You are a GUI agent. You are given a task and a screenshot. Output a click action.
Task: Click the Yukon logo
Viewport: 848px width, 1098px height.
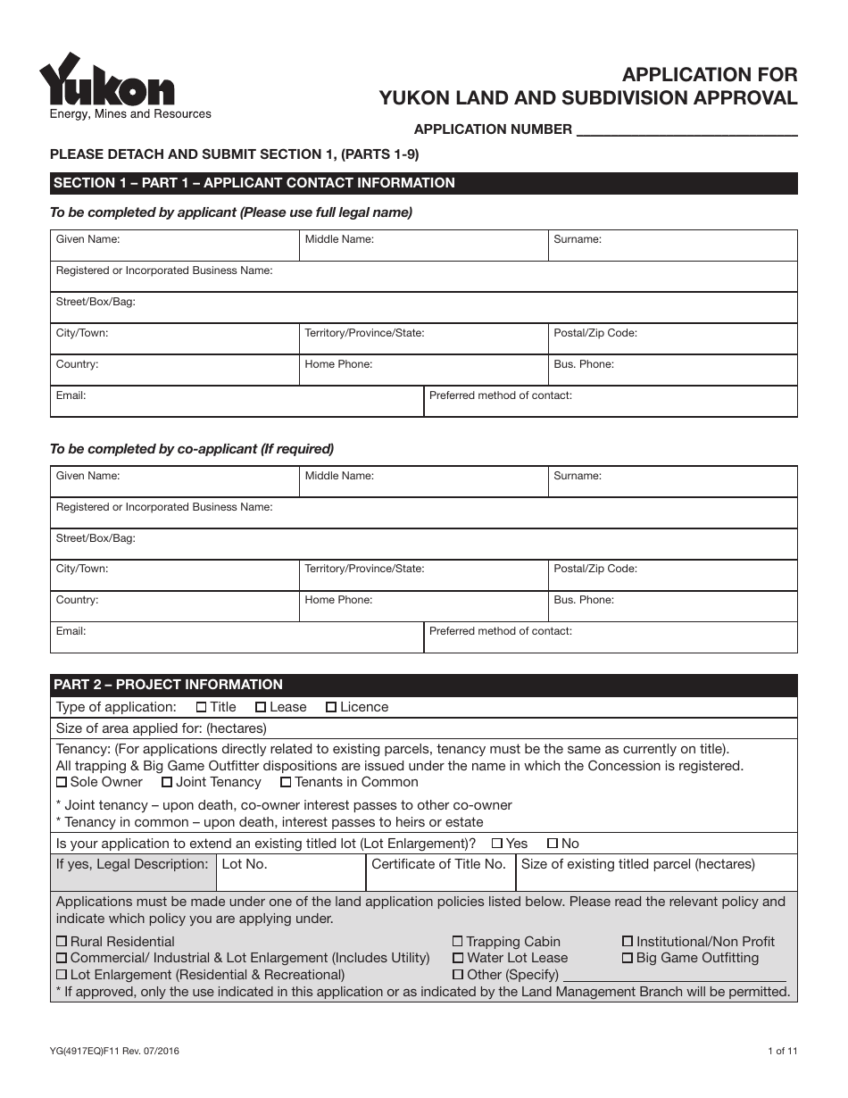(107, 81)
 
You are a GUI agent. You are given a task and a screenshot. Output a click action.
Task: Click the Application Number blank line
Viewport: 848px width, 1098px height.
(687, 129)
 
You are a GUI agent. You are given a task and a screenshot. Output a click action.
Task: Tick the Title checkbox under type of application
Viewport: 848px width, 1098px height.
(201, 708)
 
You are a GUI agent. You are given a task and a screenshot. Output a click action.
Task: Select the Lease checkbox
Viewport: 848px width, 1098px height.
(261, 708)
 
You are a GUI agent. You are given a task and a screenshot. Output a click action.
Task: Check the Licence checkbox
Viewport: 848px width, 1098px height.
(331, 708)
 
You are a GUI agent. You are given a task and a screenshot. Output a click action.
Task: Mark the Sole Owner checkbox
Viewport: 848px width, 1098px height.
(62, 783)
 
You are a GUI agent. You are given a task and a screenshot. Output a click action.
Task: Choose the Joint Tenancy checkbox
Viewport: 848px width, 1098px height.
(167, 783)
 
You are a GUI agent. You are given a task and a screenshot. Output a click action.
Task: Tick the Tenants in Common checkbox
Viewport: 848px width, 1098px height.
(286, 783)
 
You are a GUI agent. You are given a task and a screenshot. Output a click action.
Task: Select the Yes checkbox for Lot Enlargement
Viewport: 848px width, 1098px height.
(497, 844)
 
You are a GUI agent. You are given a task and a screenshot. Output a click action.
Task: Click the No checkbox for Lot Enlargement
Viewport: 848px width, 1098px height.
(553, 844)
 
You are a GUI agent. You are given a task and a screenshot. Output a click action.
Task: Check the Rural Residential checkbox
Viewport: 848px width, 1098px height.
(62, 942)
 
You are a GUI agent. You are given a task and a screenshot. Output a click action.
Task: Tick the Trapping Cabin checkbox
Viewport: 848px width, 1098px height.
(458, 942)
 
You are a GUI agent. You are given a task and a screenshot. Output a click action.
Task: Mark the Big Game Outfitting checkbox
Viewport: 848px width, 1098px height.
(628, 959)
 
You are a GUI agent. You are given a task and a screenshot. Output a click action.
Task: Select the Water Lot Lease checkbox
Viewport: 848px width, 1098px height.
(458, 959)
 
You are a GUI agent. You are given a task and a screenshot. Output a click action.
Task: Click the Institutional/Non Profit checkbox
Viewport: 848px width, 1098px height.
(628, 942)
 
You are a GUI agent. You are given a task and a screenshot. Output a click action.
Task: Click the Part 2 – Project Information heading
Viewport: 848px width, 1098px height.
(169, 685)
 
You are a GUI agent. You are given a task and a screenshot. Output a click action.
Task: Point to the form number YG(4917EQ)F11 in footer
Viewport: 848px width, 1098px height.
(116, 1052)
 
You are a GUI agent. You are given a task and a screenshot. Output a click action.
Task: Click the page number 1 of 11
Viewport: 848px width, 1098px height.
(782, 1052)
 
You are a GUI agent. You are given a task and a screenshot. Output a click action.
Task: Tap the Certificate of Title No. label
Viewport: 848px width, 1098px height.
(438, 864)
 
